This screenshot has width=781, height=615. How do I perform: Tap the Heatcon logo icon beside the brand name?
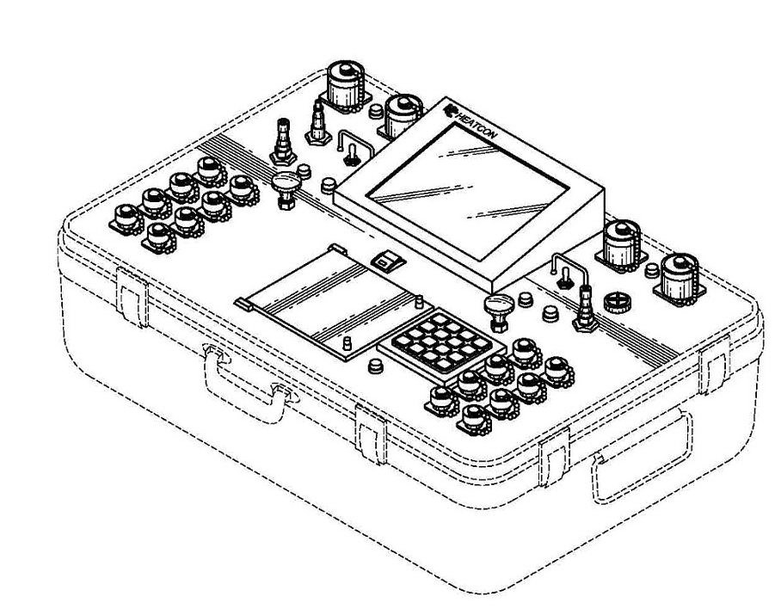pos(450,109)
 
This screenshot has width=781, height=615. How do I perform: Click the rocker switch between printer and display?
pos(387,260)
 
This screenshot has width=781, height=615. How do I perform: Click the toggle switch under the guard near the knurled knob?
pos(565,278)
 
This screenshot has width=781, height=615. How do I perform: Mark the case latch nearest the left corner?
pos(132,297)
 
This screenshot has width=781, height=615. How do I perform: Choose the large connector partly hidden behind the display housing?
pos(402,115)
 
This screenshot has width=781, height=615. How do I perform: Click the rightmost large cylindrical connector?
pos(679,280)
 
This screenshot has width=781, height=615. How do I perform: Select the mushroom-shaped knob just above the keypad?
pos(498,311)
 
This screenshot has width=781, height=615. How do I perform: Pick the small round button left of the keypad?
pos(376,366)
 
